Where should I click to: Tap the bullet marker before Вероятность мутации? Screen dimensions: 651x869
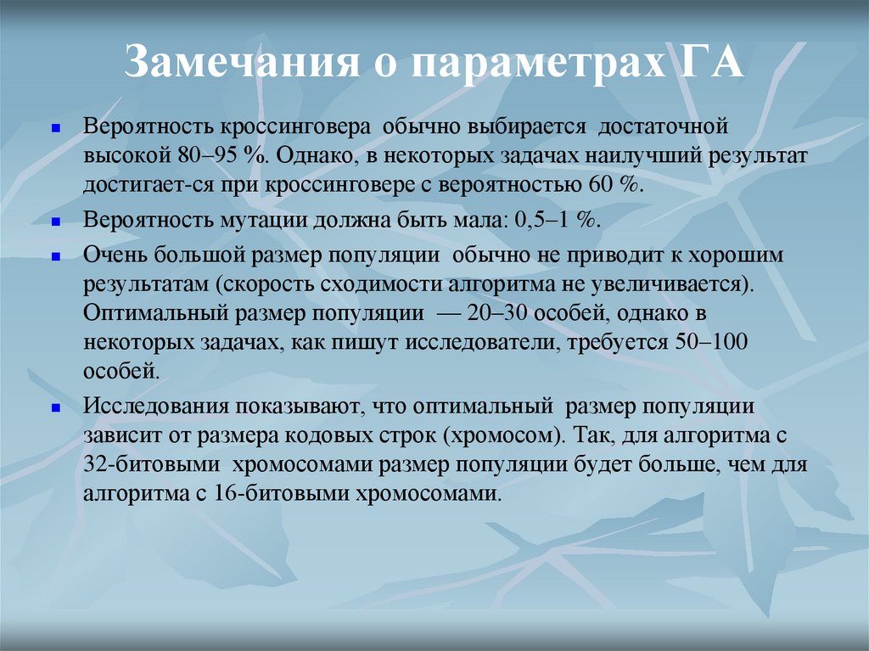tap(54, 220)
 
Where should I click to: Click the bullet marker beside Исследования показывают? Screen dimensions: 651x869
tap(54, 408)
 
